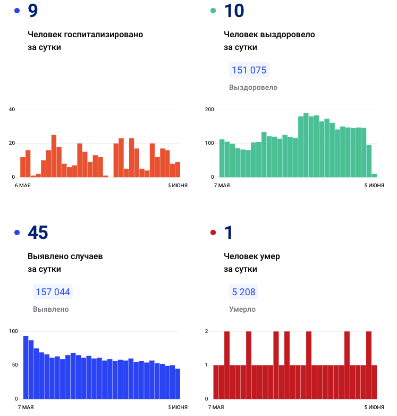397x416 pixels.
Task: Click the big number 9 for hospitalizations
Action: point(32,11)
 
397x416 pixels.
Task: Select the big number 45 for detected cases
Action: point(38,232)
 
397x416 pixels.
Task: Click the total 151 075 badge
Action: point(249,70)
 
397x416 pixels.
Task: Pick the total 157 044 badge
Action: point(53,292)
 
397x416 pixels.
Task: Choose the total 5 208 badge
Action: point(243,292)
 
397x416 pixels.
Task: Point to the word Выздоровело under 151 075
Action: point(253,87)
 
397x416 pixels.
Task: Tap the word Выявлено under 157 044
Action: point(50,309)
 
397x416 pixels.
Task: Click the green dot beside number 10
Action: point(213,11)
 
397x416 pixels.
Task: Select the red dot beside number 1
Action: point(213,232)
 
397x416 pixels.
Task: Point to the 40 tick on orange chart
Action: point(12,110)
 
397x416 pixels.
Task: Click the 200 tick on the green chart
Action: point(209,110)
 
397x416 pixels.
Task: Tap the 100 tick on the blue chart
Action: point(13,331)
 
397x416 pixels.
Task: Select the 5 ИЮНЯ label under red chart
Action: point(374,407)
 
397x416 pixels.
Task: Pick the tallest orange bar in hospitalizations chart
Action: point(54,155)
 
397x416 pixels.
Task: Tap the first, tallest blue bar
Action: point(26,367)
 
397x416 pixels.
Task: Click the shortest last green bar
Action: point(374,175)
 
